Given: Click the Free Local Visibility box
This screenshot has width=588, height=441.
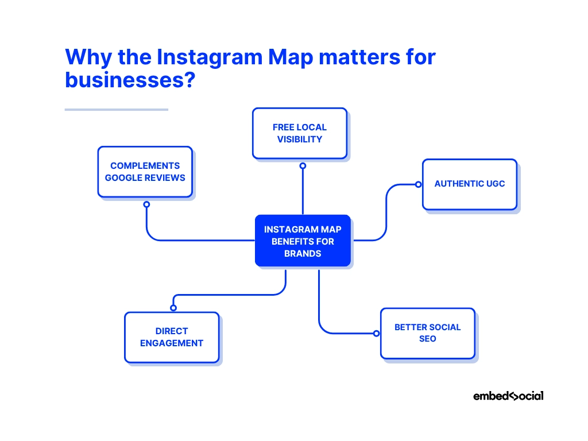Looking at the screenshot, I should click(299, 133).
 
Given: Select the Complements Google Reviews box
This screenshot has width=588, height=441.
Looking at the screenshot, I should click(145, 172).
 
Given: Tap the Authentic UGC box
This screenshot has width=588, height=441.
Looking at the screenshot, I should click(469, 184).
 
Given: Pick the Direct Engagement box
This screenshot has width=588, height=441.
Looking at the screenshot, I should click(172, 337).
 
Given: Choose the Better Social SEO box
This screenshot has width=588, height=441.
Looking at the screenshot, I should click(427, 333).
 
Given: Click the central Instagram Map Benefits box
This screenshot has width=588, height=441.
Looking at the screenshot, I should click(303, 241).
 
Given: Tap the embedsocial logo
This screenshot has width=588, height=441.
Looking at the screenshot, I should click(508, 396).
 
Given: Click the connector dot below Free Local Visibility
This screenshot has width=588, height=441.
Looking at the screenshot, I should click(303, 165).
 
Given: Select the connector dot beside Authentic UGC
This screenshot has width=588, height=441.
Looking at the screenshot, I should click(419, 184).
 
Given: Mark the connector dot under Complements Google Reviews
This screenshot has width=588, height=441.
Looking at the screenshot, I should click(146, 204).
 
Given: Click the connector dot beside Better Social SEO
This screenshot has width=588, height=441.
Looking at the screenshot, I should click(376, 333).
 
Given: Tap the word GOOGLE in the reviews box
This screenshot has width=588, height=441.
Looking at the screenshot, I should click(124, 177).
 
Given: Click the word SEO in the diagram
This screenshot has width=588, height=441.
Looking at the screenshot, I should click(427, 339).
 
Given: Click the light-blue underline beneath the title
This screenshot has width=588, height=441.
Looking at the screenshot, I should click(116, 109).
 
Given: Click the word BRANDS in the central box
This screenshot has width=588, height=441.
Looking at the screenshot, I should click(303, 253).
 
